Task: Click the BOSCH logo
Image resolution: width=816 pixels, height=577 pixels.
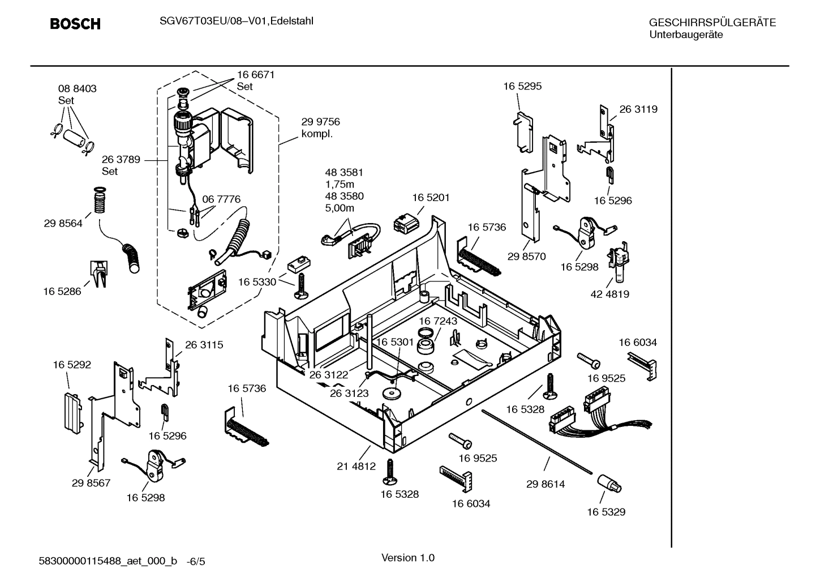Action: click(x=75, y=24)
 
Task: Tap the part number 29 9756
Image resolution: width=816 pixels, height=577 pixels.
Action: click(x=320, y=122)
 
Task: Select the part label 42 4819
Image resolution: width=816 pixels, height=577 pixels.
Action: click(x=609, y=294)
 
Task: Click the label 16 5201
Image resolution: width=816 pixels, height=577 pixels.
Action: click(x=431, y=198)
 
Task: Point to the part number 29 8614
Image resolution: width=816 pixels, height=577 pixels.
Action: click(x=545, y=484)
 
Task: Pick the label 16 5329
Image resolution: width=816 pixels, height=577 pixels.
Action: click(x=605, y=512)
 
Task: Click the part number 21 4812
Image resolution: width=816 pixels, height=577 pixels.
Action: click(x=356, y=466)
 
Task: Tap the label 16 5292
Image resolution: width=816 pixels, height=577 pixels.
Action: click(x=72, y=365)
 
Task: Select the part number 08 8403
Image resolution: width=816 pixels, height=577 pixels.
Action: click(x=77, y=89)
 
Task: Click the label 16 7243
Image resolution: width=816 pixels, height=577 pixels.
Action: click(x=438, y=321)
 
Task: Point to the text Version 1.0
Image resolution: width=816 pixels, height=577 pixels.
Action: click(x=408, y=558)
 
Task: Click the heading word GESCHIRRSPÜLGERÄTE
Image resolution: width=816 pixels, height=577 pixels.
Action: click(x=712, y=23)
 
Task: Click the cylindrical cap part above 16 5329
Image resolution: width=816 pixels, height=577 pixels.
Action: click(x=609, y=485)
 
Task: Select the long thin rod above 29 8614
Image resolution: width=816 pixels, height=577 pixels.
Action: click(x=537, y=442)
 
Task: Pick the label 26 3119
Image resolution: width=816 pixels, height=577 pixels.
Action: click(x=638, y=109)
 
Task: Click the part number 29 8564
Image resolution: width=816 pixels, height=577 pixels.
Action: click(x=63, y=224)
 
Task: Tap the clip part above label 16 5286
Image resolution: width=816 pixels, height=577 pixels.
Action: click(x=98, y=273)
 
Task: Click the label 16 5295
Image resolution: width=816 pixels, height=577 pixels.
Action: click(x=522, y=86)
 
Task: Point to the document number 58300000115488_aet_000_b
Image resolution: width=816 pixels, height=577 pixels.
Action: click(x=108, y=561)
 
